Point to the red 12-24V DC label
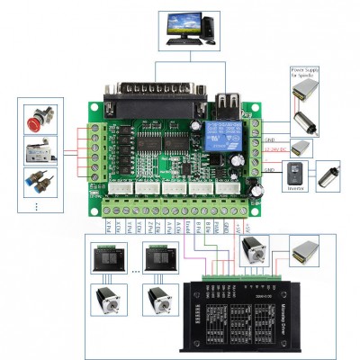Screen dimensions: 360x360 [277, 150]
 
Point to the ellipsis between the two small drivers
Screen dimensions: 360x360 [135, 269]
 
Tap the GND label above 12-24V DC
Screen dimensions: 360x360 [269, 140]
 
